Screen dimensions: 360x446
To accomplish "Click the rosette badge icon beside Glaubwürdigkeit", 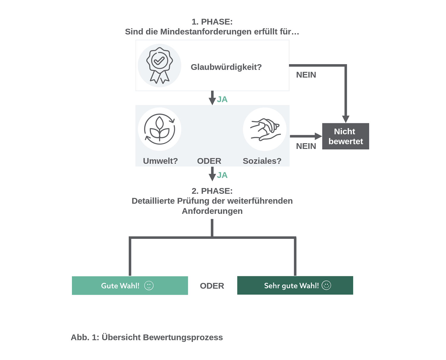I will click(159, 65).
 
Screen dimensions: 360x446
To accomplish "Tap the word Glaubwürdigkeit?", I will click(226, 67).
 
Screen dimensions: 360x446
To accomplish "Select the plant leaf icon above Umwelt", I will click(160, 129).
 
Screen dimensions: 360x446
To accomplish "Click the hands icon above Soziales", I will click(265, 129).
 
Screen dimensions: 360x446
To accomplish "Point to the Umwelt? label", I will click(160, 161).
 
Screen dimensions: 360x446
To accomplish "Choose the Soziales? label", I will click(262, 161).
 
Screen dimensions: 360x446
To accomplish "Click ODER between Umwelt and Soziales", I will click(209, 161).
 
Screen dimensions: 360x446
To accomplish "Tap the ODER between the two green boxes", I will click(212, 286).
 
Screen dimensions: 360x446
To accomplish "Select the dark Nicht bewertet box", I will click(346, 136).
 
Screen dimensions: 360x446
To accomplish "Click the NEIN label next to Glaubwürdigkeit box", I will click(306, 75).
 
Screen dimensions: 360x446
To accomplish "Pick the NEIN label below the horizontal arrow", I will click(306, 146).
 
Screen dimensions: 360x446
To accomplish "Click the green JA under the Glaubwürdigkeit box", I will click(222, 99).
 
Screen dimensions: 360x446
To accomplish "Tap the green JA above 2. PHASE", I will click(222, 175).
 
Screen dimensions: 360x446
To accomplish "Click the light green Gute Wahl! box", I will click(130, 285).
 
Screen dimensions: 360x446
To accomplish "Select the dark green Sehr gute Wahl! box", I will click(295, 285).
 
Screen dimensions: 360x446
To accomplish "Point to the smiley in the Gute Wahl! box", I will click(149, 285).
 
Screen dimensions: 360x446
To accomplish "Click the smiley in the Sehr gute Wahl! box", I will click(326, 285).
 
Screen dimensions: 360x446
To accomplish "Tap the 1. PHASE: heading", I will click(212, 22).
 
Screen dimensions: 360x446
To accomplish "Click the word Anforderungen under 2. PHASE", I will click(212, 211).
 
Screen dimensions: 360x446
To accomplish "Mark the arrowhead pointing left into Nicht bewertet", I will click(318, 136).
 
